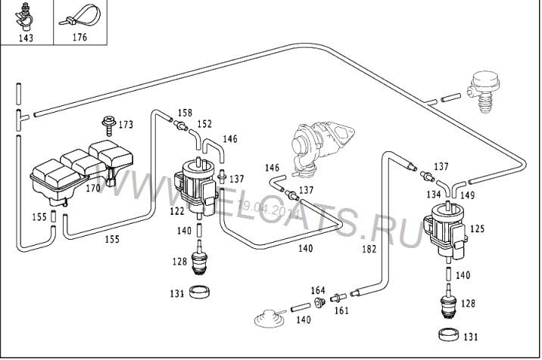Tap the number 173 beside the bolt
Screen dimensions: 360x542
126,124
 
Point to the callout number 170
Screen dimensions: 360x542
92,188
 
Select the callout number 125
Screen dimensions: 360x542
478,228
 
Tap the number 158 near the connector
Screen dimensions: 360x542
185,114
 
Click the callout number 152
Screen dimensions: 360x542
204,123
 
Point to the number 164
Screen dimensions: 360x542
318,291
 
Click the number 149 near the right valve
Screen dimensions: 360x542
468,194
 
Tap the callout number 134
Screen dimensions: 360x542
433,194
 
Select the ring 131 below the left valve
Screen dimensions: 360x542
200,290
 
